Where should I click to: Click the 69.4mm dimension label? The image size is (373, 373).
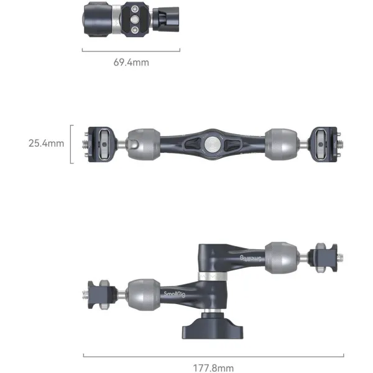point(131,62)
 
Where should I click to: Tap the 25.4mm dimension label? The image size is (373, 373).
point(46,143)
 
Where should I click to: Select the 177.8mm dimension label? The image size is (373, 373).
point(213,368)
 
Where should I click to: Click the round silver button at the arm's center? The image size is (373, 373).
point(213,144)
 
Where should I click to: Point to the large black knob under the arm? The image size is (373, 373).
point(213,326)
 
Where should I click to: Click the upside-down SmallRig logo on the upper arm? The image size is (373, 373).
point(251,259)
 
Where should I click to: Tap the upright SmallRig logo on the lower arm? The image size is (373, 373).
point(174,294)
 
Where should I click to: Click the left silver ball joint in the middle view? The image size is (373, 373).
point(144,144)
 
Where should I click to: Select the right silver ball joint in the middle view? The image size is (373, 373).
point(281,144)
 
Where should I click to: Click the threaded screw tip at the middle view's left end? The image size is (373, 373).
point(85,144)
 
